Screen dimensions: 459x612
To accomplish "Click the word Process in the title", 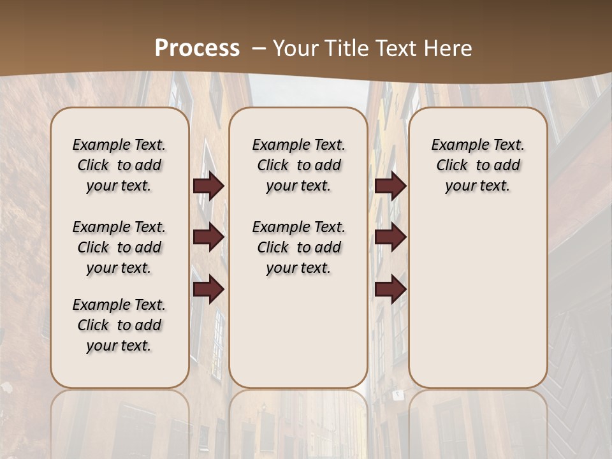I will [197, 48].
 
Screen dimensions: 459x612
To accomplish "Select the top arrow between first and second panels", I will [208, 186].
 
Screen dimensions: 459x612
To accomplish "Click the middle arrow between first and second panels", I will [208, 238].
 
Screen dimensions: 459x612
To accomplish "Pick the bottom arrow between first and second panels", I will [208, 289].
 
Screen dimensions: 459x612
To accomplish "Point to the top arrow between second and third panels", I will [390, 186].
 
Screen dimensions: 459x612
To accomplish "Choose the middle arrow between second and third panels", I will [390, 238].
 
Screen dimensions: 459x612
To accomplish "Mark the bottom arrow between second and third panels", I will [390, 289].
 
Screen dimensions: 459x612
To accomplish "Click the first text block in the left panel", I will [119, 165].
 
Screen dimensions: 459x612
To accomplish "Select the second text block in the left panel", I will [119, 247].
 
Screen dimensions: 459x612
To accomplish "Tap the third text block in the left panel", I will [119, 325].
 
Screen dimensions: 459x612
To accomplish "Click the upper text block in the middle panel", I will [298, 165].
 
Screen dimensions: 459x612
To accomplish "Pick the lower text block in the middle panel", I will [298, 247].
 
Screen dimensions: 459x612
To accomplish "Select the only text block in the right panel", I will [477, 165].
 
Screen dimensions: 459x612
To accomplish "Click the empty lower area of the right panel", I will [477, 300].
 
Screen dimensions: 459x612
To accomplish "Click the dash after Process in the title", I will [259, 48].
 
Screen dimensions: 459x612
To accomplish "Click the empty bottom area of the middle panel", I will [298, 338].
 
